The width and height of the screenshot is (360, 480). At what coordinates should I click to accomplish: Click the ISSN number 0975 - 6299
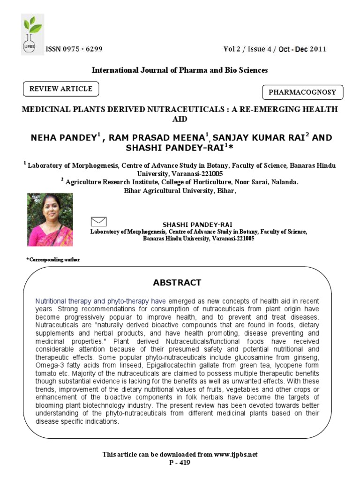[74, 49]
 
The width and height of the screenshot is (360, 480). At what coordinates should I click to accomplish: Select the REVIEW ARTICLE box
[61, 89]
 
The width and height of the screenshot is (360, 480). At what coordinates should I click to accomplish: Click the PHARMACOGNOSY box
[302, 92]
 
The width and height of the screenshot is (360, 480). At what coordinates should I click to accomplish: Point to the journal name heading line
[180, 70]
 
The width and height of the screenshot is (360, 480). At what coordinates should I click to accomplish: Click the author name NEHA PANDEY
[64, 137]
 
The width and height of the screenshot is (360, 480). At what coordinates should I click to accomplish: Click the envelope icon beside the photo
[98, 221]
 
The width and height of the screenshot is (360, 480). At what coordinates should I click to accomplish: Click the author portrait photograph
[50, 220]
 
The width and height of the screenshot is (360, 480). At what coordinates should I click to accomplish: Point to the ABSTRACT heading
[177, 283]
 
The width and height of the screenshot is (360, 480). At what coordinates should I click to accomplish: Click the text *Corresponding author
[53, 260]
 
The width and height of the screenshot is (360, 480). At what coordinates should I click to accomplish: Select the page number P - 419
[180, 463]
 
